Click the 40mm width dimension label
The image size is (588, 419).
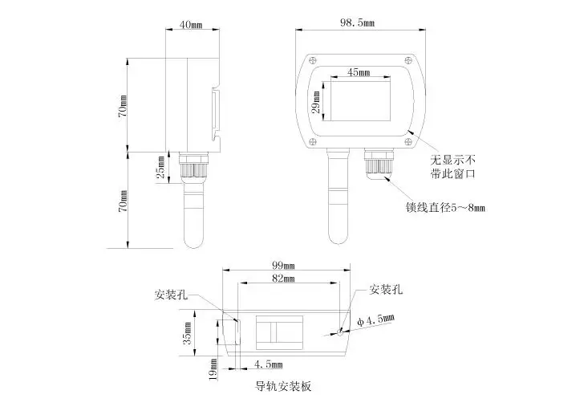pyautogui.click(x=191, y=25)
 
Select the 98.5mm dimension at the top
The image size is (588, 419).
pyautogui.click(x=357, y=22)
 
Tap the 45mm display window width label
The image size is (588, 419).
pyautogui.click(x=359, y=71)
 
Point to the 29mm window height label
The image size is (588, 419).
pyautogui.click(x=316, y=102)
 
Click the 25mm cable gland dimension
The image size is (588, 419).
pyautogui.click(x=160, y=167)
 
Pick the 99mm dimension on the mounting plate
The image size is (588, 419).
pyautogui.click(x=283, y=265)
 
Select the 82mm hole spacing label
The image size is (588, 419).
pyautogui.click(x=283, y=279)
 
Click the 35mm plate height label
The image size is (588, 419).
pyautogui.click(x=187, y=333)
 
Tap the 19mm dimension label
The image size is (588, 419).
pyautogui.click(x=213, y=369)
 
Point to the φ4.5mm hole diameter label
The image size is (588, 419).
pyautogui.click(x=375, y=320)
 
